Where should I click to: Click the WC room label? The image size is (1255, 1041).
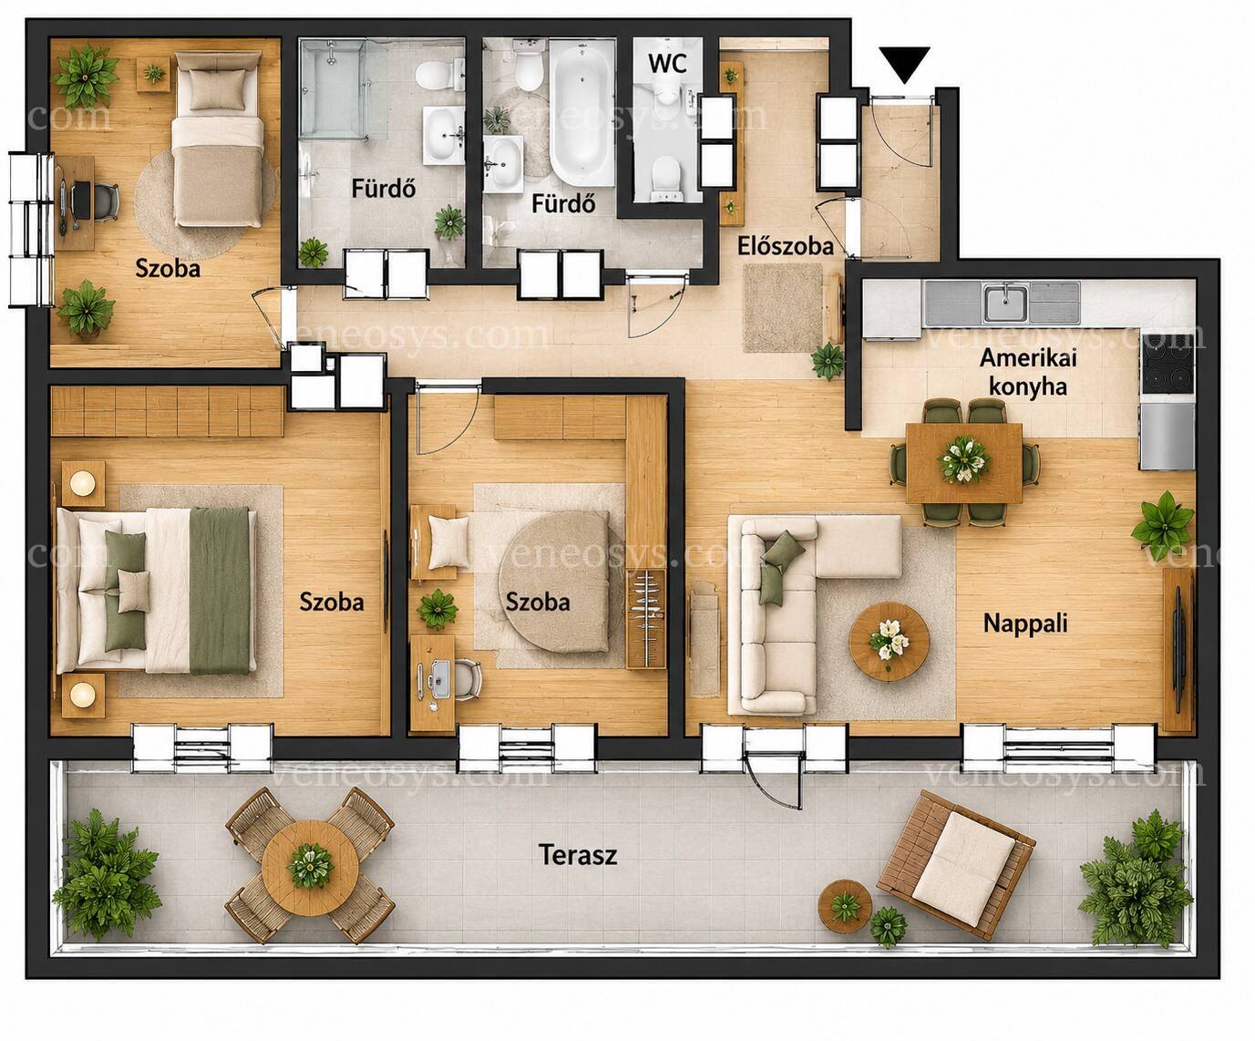point(668,63)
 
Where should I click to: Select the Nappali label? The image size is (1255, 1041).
point(1025,624)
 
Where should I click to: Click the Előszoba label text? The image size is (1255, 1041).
point(785,246)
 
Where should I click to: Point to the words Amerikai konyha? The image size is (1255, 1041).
point(1028,372)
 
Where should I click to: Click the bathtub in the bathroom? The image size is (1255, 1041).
point(581,112)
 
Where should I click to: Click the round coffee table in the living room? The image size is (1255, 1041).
point(889,642)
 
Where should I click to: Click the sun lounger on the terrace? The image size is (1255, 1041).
point(956,865)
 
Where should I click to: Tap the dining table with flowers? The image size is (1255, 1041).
point(964,462)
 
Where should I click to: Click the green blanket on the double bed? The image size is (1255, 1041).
point(220,590)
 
